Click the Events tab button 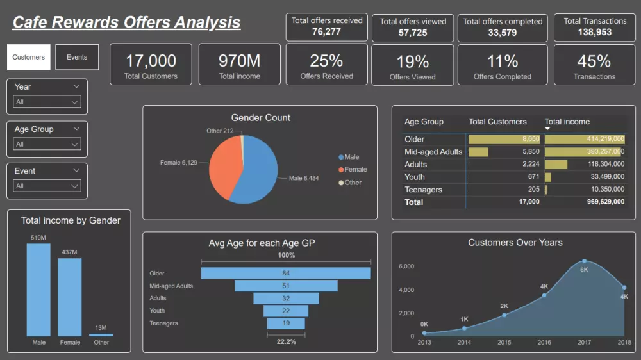click(77, 57)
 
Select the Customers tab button click(29, 57)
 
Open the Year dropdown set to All click(47, 102)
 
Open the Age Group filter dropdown click(47, 144)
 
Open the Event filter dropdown click(47, 186)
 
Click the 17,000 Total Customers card click(151, 65)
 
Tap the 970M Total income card click(239, 65)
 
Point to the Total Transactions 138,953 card click(594, 26)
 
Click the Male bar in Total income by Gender click(38, 290)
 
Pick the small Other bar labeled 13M click(101, 334)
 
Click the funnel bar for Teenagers click(286, 323)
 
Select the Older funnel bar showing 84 click(286, 273)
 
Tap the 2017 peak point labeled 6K click(584, 261)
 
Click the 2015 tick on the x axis click(504, 343)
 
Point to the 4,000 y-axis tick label click(406, 290)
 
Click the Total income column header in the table click(567, 122)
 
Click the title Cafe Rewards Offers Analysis click(126, 23)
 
